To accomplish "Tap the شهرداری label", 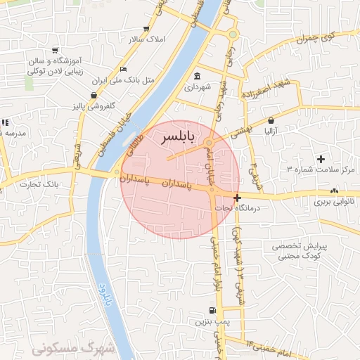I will [197, 89].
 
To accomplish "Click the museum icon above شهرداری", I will [196, 76].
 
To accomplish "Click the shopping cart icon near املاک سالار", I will [146, 29].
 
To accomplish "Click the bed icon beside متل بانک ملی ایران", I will [124, 69].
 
